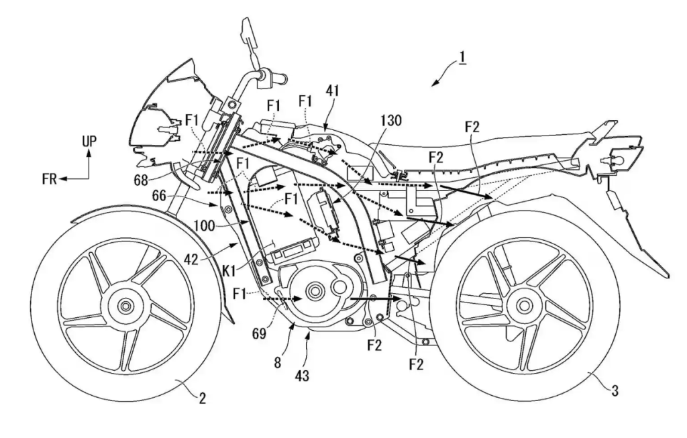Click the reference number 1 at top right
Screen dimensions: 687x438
[462, 58]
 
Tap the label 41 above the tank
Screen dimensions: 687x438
[333, 91]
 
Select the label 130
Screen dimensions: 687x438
[390, 120]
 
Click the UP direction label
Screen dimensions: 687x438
[89, 142]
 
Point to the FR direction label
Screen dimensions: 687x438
[49, 179]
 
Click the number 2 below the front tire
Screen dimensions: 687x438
[202, 398]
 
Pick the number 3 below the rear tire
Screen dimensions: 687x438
[615, 390]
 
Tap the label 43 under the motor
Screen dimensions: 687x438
[302, 376]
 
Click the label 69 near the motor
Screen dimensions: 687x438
[259, 334]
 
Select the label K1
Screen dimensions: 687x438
[228, 271]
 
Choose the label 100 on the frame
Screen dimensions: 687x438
[204, 226]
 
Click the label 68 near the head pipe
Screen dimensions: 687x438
[141, 180]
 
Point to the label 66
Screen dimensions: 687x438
[160, 196]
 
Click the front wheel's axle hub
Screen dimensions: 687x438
[126, 305]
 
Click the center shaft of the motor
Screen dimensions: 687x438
[314, 291]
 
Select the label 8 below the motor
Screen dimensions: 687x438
[277, 363]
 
